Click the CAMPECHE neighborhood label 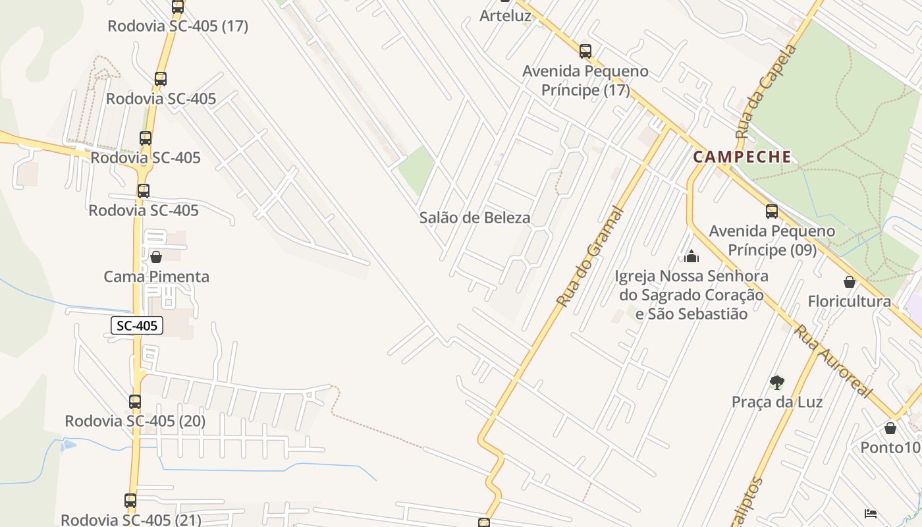742,157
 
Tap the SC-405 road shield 136,325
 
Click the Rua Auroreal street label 831,360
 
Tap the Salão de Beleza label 474,217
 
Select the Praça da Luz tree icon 777,382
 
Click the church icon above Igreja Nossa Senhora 691,256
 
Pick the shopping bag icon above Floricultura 850,282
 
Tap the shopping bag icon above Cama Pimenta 156,256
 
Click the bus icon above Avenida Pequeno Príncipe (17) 585,51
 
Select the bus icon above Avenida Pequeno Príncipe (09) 772,211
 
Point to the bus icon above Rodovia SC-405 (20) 135,401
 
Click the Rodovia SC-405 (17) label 178,26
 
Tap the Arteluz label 505,16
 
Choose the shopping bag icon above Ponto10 890,428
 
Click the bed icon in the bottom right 870,513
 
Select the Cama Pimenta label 156,276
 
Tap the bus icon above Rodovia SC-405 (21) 130,501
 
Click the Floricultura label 849,301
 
